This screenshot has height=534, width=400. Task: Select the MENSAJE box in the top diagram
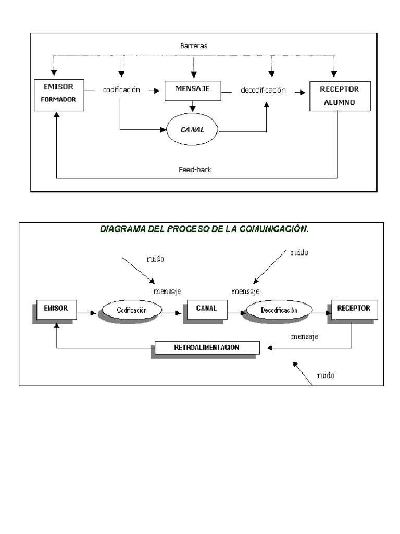pos(193,90)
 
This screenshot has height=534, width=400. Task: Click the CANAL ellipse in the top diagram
pos(193,129)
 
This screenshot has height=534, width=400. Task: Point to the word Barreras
pos(193,46)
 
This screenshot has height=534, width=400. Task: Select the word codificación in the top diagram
pos(121,90)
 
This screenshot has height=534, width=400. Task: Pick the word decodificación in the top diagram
pos(263,90)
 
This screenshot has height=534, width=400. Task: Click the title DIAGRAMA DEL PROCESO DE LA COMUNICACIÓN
pos(204,228)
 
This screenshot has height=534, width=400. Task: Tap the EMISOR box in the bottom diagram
pos(56,309)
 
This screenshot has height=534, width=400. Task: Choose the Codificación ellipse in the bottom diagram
pos(132,310)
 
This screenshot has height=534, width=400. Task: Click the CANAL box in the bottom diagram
pos(206,309)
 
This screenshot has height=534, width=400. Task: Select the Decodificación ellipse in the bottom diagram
pos(279,310)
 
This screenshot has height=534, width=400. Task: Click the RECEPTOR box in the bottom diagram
pos(353,308)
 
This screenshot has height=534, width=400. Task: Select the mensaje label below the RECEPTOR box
pos(305,336)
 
